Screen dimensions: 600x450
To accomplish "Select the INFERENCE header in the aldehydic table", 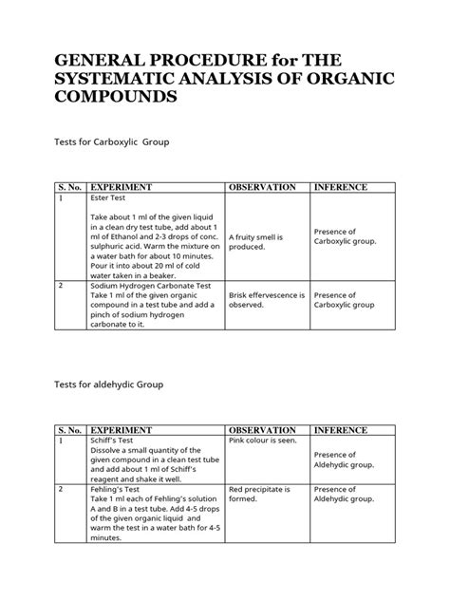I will (340, 428).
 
